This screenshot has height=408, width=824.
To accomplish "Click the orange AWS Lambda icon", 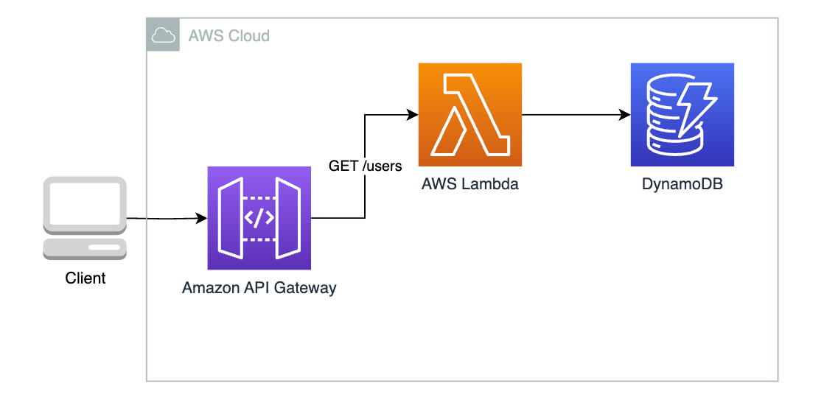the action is click(469, 114).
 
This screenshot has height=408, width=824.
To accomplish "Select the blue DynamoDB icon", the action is click(682, 114).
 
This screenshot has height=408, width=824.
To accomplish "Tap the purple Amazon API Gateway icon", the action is click(259, 218).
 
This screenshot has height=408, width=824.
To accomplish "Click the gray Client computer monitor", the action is click(85, 205).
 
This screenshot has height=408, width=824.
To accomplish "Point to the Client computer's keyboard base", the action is click(85, 248).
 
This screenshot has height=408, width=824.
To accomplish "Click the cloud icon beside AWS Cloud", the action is click(163, 35).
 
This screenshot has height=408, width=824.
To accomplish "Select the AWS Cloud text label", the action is click(228, 35).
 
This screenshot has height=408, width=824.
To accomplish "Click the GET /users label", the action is click(366, 166).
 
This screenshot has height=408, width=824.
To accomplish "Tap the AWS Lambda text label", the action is click(469, 184).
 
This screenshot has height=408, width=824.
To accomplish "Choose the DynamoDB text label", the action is click(682, 184).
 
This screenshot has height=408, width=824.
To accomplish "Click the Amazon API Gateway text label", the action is click(259, 288).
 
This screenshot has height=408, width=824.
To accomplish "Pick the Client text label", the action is click(85, 278).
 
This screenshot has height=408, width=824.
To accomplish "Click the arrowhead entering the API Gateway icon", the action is click(202, 219).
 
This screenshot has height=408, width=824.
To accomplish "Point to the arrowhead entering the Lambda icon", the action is click(413, 114).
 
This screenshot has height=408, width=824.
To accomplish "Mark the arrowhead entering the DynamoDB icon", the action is click(625, 115).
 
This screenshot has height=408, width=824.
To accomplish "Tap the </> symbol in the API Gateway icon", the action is click(259, 218).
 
